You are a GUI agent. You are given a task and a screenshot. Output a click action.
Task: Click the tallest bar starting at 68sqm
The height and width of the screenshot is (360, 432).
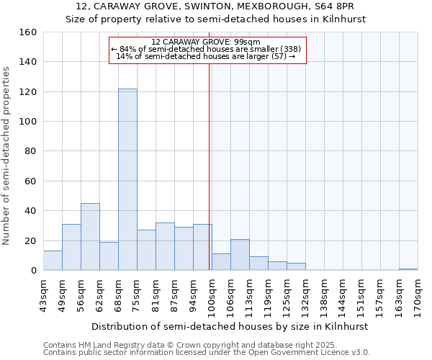click(127, 179)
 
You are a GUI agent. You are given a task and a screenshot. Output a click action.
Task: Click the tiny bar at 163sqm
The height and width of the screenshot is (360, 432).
click(408, 269)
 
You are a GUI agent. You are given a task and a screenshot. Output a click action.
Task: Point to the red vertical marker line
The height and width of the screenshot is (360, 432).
click(210, 166)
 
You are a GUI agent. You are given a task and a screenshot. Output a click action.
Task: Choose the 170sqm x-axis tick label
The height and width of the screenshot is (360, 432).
click(418, 294)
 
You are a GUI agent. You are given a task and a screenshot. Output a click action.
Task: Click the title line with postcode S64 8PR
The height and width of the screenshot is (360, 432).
click(216, 6)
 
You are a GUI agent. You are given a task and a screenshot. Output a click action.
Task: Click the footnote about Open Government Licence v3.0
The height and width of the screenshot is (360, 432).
click(207, 353)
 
